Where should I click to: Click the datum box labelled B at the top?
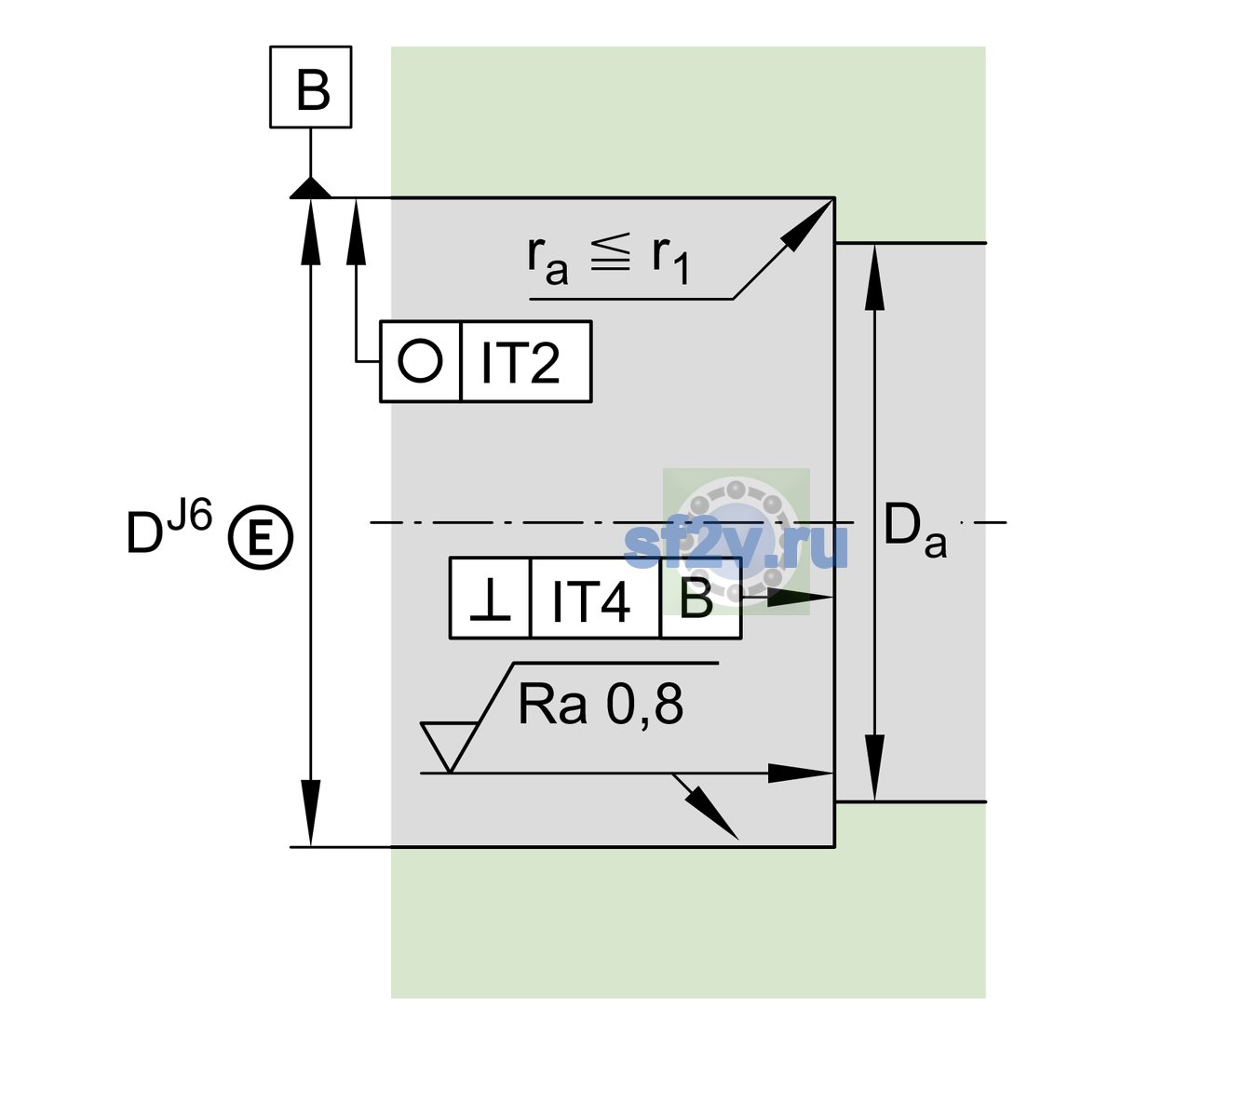coord(310,87)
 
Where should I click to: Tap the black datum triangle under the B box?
coord(310,189)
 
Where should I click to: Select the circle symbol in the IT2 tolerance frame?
coord(420,361)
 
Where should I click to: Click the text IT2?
coord(520,362)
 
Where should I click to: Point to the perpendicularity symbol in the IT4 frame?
coord(490,599)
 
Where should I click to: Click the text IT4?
coord(590,600)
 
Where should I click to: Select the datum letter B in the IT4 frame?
coord(696,599)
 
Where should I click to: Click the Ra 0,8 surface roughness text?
coord(600,704)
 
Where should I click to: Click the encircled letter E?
coord(261,537)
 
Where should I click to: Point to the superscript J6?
coord(190,514)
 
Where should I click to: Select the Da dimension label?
coord(914,530)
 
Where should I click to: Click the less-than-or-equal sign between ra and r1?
coord(611,252)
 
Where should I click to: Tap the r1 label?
coord(670,261)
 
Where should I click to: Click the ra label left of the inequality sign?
coord(547,261)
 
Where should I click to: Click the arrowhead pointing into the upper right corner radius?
coord(808,224)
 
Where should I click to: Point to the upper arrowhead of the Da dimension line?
coord(875,276)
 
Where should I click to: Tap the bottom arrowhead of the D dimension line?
coord(310,813)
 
